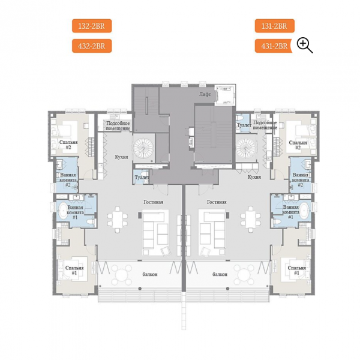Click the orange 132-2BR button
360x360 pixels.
(92, 26)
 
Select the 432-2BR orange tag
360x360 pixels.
(92, 46)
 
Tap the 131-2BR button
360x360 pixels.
(275, 26)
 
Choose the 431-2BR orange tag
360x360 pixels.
(274, 46)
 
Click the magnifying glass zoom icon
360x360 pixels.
(304, 46)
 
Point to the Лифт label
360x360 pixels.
(205, 94)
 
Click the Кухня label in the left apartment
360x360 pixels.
(121, 157)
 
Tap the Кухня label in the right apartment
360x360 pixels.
(254, 177)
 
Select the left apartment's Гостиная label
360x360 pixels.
(154, 202)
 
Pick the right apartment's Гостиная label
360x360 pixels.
(217, 202)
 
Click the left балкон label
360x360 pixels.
(150, 274)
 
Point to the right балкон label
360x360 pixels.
(220, 274)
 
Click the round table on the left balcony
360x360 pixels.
(121, 274)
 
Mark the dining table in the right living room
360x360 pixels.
(250, 219)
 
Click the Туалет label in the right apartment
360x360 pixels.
(244, 125)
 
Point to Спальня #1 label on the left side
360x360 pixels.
(74, 270)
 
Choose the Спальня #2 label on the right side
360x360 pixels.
(298, 145)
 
